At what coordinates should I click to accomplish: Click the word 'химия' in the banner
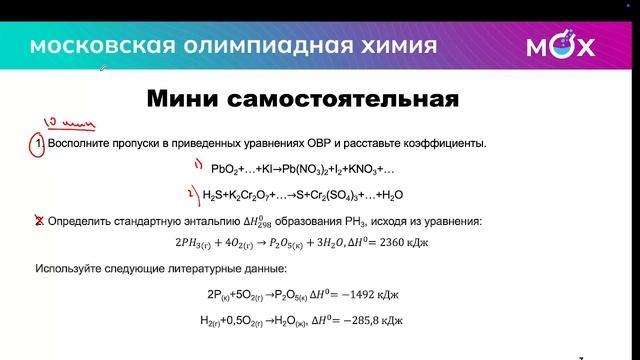pyautogui.click(x=395, y=46)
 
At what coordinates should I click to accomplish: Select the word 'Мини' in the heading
pyautogui.click(x=185, y=100)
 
